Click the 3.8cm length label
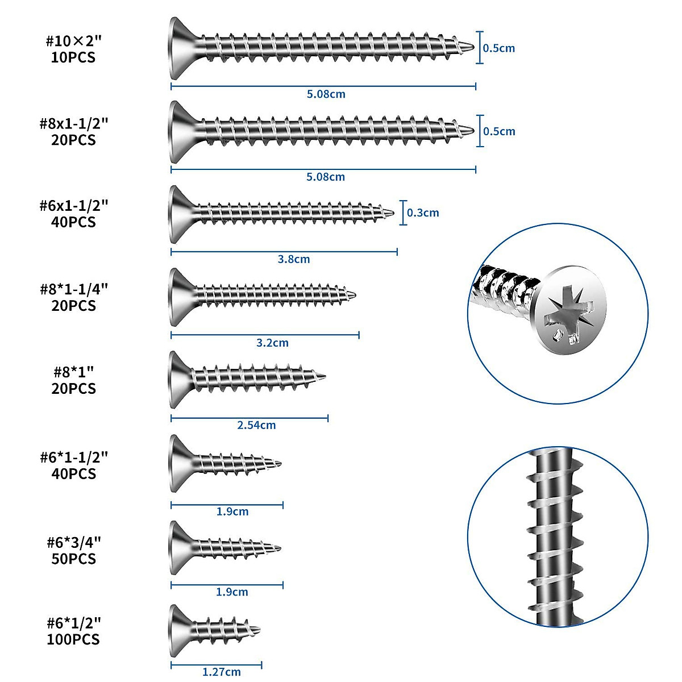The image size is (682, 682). pyautogui.click(x=294, y=259)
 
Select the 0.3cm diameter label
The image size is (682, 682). pyautogui.click(x=423, y=213)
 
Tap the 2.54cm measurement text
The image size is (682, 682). pyautogui.click(x=256, y=425)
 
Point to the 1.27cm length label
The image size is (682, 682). pyautogui.click(x=222, y=672)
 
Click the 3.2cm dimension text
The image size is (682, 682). pyautogui.click(x=272, y=343)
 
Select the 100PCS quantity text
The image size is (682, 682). pyautogui.click(x=73, y=639)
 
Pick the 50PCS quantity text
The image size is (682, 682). pyautogui.click(x=74, y=559)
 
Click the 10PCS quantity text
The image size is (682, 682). pyautogui.click(x=73, y=57)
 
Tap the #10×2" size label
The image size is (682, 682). pyautogui.click(x=73, y=41)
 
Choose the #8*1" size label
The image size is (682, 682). pyautogui.click(x=74, y=372)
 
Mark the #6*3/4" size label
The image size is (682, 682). pyautogui.click(x=74, y=542)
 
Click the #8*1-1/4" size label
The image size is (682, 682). pyautogui.click(x=74, y=289)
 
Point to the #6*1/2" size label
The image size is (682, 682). pyautogui.click(x=74, y=623)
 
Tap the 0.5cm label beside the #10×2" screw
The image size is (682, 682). pyautogui.click(x=499, y=48)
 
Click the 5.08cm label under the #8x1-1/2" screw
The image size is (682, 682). pyautogui.click(x=326, y=177)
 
